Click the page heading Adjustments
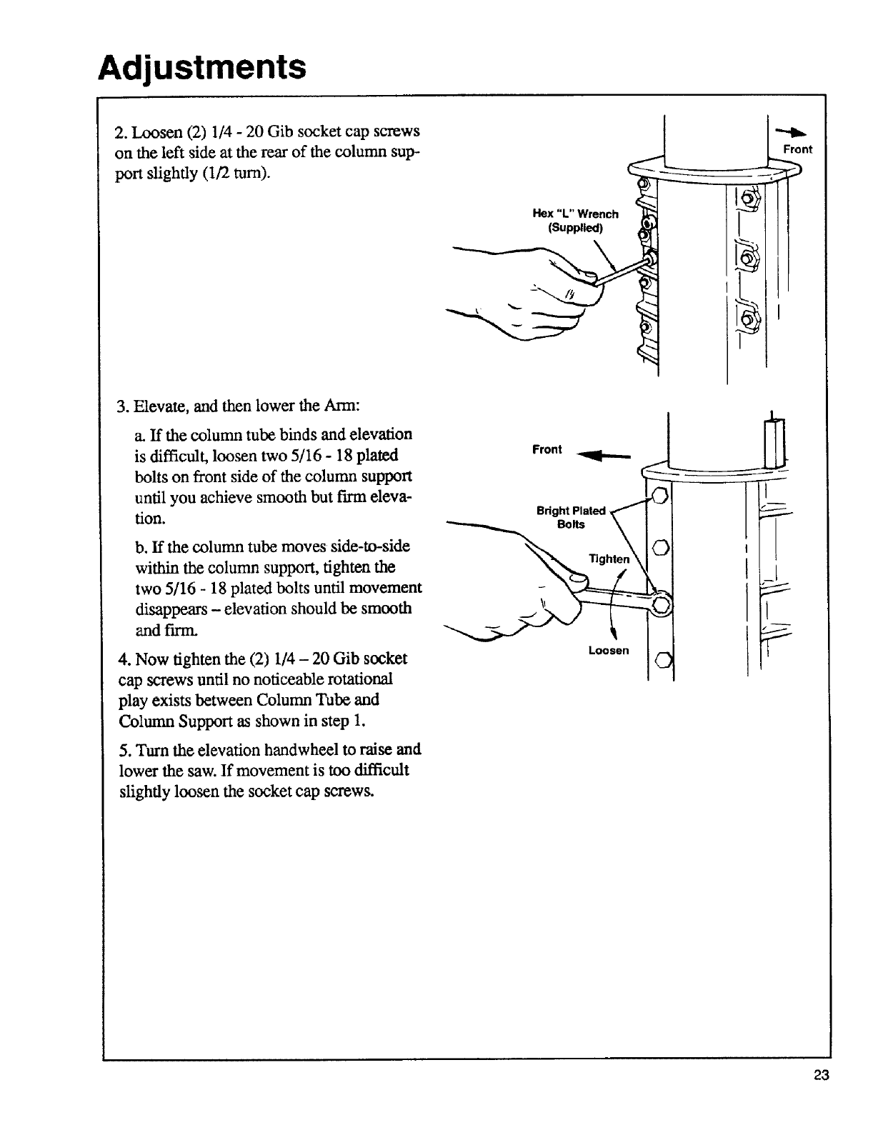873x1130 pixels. coord(202,68)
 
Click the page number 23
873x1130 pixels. coord(820,1076)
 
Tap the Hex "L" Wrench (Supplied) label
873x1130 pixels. coord(576,221)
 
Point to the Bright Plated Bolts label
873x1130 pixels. coord(572,517)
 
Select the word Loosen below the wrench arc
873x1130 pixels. coord(609,650)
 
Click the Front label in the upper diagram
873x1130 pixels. coord(797,149)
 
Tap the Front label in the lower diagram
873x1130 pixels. coord(547,449)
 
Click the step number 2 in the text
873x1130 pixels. coord(119,133)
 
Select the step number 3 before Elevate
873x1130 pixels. coord(120,406)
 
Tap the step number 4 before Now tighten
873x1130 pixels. coord(120,658)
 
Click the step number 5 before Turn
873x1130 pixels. coord(120,749)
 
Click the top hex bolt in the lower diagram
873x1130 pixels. coord(661,496)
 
